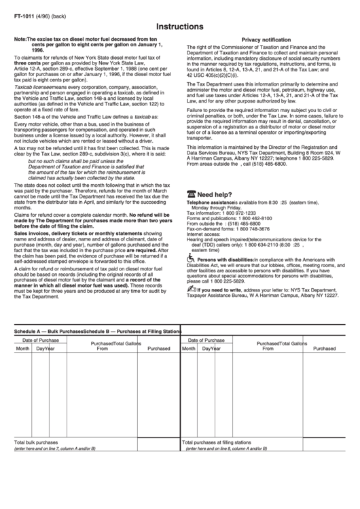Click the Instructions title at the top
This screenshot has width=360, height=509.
click(179, 26)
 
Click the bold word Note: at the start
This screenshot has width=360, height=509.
click(20, 40)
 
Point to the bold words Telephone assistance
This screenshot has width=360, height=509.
click(210, 203)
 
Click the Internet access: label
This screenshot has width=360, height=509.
click(204, 234)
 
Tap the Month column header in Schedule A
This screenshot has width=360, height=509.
click(23, 348)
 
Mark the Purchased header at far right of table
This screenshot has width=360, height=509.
click(324, 348)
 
